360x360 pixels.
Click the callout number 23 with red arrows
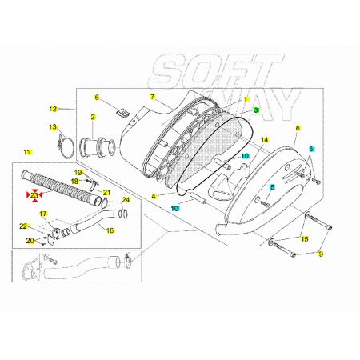tap(34, 195)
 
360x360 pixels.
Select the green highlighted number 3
tap(256, 110)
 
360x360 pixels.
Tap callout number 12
tap(54, 109)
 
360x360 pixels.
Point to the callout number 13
tap(54, 127)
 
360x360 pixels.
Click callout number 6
tap(97, 98)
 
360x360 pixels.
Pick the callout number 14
tap(265, 140)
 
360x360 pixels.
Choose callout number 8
tap(298, 128)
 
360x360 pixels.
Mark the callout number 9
tap(321, 254)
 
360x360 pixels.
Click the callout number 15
tap(305, 239)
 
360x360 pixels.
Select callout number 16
tap(110, 230)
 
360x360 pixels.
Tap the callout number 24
tap(126, 200)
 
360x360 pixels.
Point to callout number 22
tap(23, 226)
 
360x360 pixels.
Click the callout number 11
tap(27, 152)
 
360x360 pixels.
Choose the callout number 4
tap(154, 197)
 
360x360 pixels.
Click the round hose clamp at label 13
tap(66, 146)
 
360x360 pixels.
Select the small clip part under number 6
tap(123, 111)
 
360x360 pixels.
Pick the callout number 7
tap(152, 97)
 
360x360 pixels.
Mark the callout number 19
tap(78, 173)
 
